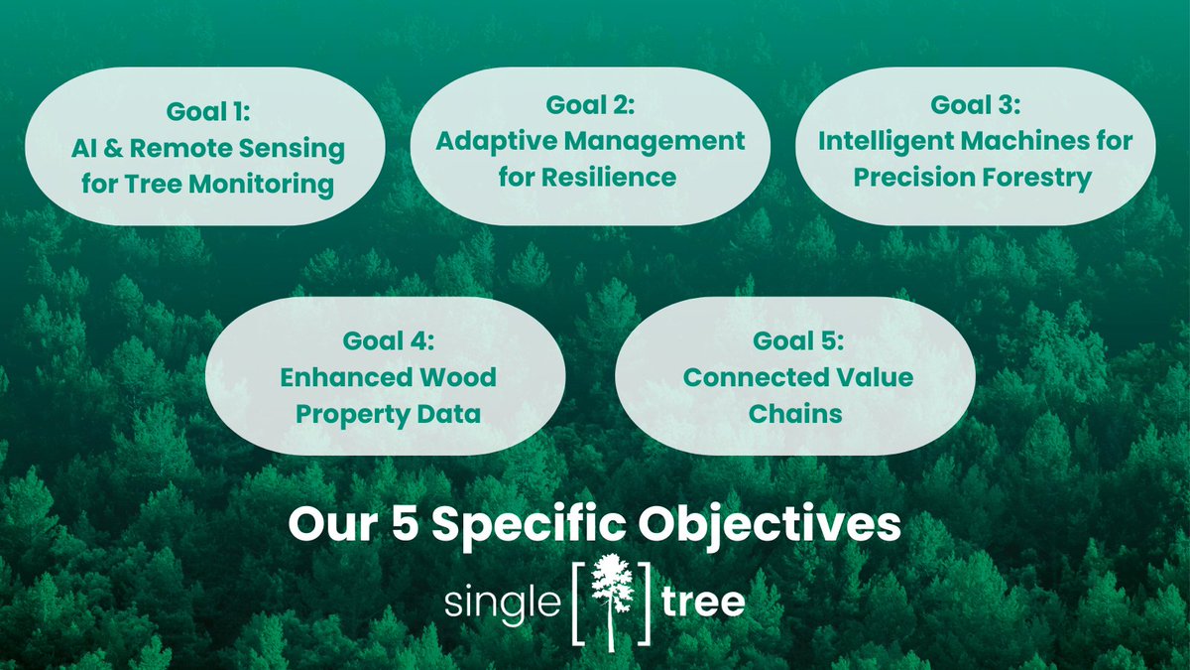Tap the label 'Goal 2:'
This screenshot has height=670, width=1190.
(590, 105)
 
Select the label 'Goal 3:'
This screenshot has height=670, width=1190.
(975, 105)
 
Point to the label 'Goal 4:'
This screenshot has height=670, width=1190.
(388, 341)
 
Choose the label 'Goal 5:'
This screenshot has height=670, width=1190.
(797, 341)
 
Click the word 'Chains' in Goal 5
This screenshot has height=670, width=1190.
(796, 414)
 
